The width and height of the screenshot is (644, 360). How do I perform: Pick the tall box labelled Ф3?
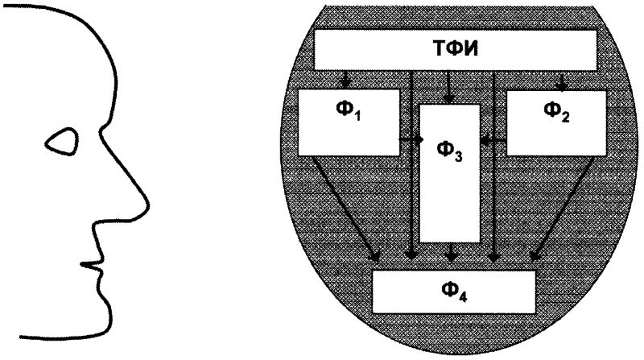(x=451, y=173)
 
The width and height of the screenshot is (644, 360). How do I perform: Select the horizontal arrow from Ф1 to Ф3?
(x=411, y=139)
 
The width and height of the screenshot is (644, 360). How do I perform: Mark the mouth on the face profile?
(x=95, y=263)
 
